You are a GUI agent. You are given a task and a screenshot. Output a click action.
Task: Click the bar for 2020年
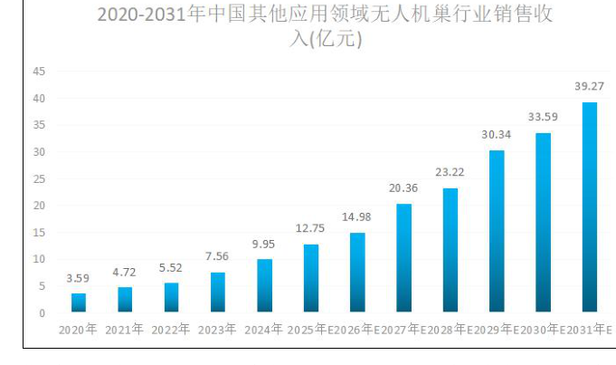coord(79,303)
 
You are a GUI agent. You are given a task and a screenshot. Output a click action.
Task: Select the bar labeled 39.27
coord(589,207)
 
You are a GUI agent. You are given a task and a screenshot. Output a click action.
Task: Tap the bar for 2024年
coord(265,286)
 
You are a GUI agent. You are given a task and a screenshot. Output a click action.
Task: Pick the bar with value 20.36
coord(404,258)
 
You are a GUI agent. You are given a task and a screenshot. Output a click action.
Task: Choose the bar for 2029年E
coord(497,232)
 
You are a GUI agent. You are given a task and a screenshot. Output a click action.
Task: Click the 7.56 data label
coord(218,256)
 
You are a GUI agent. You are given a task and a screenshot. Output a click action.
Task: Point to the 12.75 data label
coord(311,227)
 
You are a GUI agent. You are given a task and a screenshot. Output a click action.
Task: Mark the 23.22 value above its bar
coord(450,171)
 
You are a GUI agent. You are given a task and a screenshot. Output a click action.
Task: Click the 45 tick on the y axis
coord(38,72)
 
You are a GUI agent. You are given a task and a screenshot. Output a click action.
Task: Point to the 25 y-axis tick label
coord(38,178)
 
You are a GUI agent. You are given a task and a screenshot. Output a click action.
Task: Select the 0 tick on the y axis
coord(42,313)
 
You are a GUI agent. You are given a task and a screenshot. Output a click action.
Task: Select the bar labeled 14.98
coord(357,273)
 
